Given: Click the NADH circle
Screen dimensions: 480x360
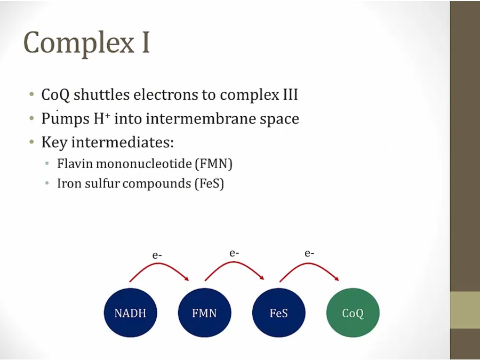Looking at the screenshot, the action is tap(131, 313).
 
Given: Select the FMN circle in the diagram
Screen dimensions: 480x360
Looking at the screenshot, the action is tap(204, 313).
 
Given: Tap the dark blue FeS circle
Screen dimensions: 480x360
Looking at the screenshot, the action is tap(278, 313).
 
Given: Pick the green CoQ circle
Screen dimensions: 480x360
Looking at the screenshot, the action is tap(353, 313).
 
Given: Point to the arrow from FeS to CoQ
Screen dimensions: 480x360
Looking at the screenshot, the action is tap(310, 264).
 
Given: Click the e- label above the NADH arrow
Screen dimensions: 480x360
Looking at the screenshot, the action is tap(157, 255).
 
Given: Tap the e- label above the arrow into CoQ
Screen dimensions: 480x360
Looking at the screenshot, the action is tap(309, 253).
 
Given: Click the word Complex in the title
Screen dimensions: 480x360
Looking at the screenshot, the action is tap(79, 43).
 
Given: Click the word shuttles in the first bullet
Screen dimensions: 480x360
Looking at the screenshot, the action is tap(102, 94).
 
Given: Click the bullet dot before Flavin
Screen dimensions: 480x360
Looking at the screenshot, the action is tap(47, 164).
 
